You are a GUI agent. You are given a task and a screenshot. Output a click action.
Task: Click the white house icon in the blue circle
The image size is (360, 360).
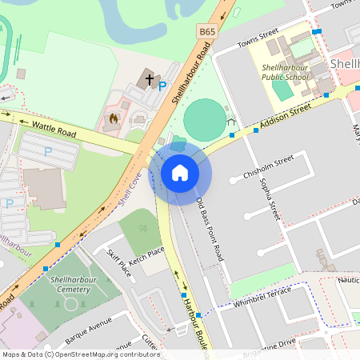pyautogui.click(x=180, y=172)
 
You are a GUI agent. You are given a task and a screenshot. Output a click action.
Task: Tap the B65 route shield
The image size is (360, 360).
pyautogui.click(x=208, y=31)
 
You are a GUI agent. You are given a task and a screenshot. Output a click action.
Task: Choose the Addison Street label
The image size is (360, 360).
pyautogui.click(x=282, y=116)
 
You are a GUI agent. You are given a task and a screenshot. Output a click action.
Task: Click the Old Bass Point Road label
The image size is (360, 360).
pyautogui.click(x=208, y=230)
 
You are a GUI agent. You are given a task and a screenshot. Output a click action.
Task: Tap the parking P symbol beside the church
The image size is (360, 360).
pyautogui.click(x=162, y=86)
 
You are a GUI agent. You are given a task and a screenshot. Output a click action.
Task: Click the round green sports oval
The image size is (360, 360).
pyautogui.click(x=205, y=119)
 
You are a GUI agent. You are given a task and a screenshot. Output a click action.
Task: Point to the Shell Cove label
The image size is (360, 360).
pyautogui.click(x=130, y=189)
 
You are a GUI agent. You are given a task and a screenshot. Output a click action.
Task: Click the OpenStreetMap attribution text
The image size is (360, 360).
pyautogui.click(x=80, y=354)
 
